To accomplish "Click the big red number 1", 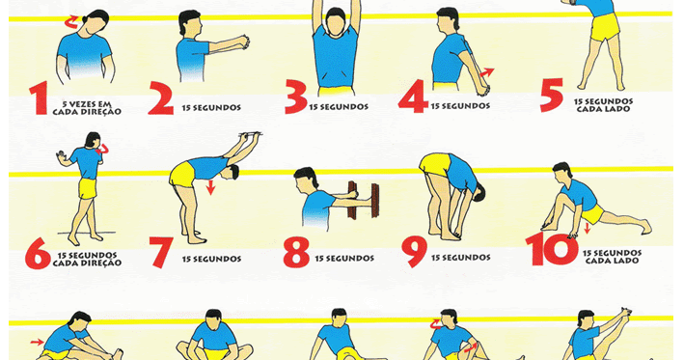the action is tap(40, 98).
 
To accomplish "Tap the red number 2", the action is tap(160, 98).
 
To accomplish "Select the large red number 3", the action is tap(296, 97).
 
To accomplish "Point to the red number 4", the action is tap(413, 96).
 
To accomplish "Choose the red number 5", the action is tap(552, 95).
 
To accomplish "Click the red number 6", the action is tap(38, 253).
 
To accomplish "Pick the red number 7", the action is tap(161, 252).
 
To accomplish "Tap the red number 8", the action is tap(296, 252).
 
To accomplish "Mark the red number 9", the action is tap(414, 251).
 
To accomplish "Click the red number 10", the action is tap(552, 249).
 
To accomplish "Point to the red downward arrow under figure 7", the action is tap(211, 187).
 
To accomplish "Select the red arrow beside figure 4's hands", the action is tap(487, 72).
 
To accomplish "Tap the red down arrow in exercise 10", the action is tap(587, 228).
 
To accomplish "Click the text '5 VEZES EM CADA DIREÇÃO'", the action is tap(87, 108).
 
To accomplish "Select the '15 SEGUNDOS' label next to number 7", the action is tap(211, 259).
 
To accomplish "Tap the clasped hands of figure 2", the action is tap(243, 42).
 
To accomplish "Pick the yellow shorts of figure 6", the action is tap(88, 188).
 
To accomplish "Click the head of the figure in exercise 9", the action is tap(479, 192).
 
